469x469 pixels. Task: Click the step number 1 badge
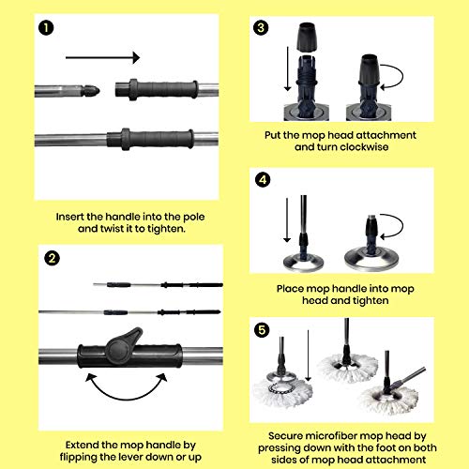coord(46,27)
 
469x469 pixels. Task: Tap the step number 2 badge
coord(52,258)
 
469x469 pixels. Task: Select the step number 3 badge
coord(261,27)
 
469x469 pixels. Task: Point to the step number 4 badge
coord(263,180)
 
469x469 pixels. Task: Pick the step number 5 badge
coord(262,330)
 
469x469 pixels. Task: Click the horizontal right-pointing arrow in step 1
coord(102,57)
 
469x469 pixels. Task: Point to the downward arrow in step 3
coord(287,68)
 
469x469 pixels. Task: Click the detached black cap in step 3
coord(307,37)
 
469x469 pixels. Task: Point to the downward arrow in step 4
coord(287,220)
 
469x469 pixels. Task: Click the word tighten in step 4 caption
coord(371,301)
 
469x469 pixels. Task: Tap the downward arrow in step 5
coord(308,356)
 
